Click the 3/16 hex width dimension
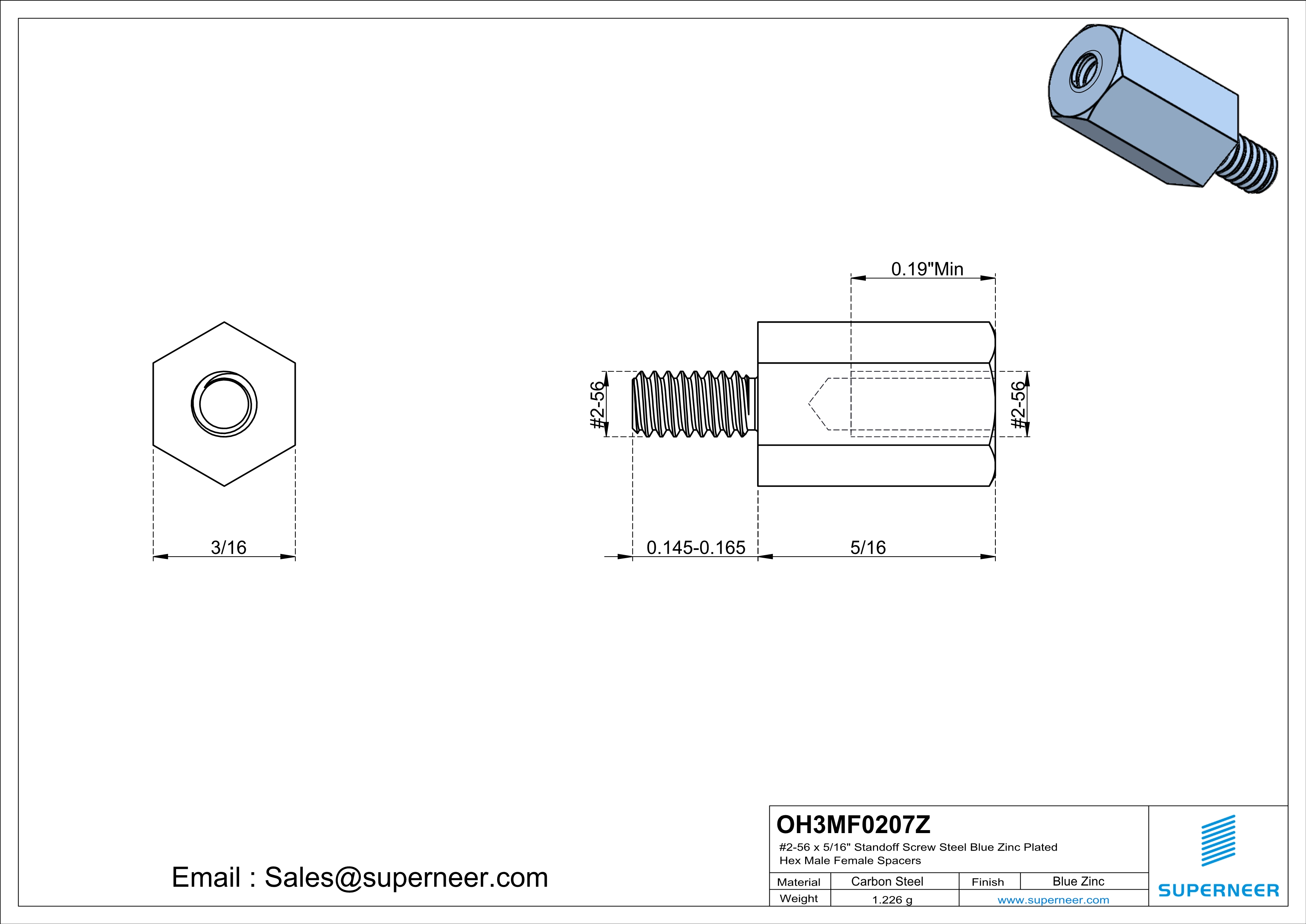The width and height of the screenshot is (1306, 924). point(228,547)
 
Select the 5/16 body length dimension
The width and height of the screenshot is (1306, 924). point(867,547)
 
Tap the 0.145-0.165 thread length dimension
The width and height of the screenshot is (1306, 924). point(695,547)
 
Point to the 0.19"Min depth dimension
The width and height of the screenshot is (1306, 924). point(927,269)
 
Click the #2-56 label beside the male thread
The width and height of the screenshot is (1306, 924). point(596,405)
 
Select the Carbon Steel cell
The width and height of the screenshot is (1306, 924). point(887,881)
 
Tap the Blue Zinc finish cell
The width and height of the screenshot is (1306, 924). point(1078,881)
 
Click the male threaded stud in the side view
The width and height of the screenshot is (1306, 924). point(694,404)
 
